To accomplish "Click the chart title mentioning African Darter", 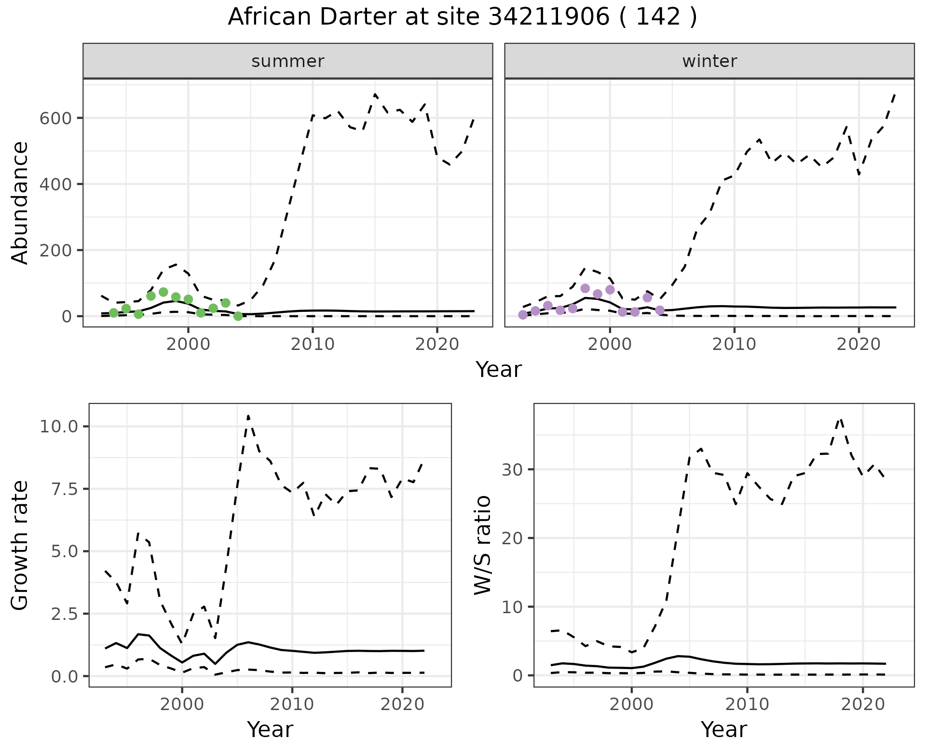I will [462, 17].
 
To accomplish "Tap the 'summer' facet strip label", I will [288, 61].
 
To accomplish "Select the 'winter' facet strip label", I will [709, 61].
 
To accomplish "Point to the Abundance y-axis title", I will [20, 202].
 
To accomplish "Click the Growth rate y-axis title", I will [20, 545].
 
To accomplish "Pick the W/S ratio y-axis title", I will [482, 545].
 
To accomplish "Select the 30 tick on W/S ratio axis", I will [513, 470].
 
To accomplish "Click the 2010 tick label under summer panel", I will [313, 344].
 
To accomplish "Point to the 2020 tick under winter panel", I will [858, 344].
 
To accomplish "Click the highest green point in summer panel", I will [163, 292].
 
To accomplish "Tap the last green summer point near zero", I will [238, 316].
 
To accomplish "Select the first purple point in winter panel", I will [523, 315].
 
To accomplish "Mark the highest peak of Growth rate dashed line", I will [248, 416].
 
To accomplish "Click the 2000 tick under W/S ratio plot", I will [631, 704].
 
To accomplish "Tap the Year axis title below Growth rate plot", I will [270, 729].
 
